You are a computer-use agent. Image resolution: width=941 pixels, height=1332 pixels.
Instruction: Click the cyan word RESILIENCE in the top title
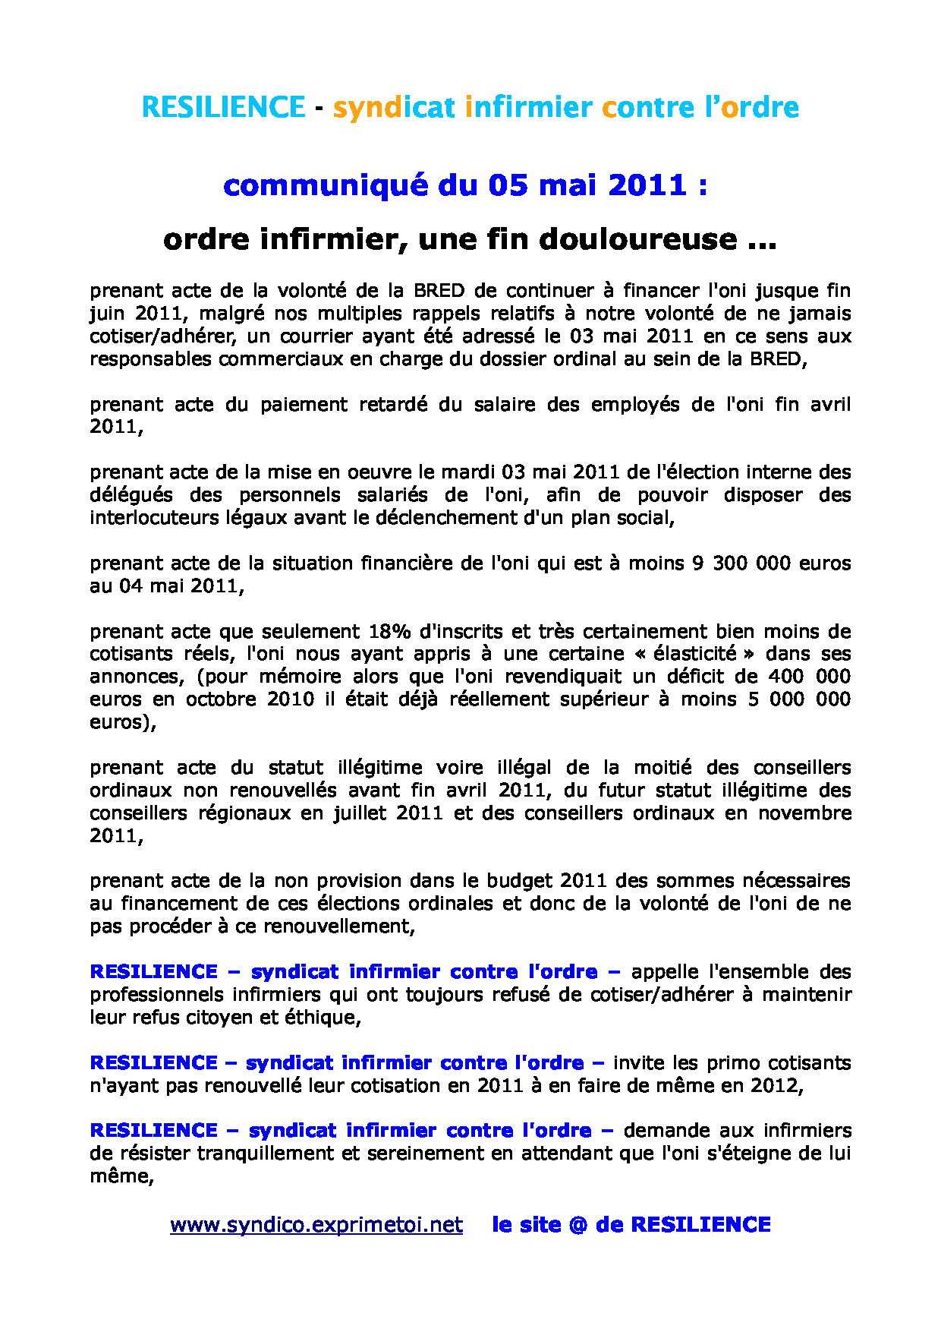[223, 107]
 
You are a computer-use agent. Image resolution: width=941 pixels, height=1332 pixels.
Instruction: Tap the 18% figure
[389, 632]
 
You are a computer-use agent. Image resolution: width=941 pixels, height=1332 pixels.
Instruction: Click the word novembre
[804, 813]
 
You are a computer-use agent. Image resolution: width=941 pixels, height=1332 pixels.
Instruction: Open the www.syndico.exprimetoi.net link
[316, 1225]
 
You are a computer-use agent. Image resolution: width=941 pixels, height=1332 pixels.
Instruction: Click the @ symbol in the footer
[578, 1225]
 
